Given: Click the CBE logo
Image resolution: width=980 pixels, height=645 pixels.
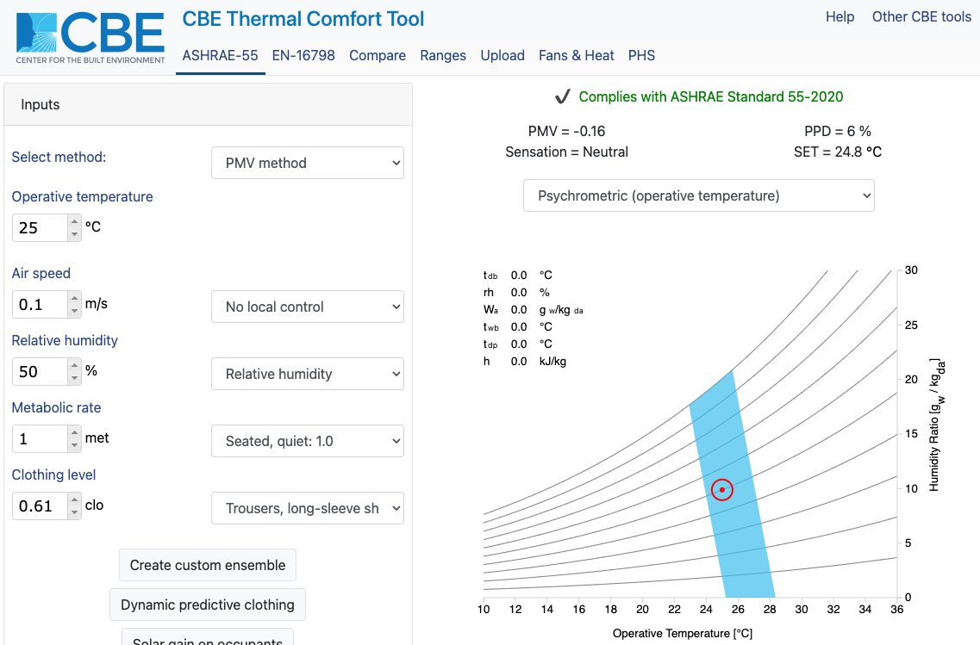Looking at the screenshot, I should point(90,38).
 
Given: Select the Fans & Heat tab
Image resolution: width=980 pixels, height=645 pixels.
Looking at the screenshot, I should point(576,56).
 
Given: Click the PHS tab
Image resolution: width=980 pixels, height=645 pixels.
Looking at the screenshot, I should point(641,56).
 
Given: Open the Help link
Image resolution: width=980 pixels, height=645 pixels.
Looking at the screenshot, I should point(840,17).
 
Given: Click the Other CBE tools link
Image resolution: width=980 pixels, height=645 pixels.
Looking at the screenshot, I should point(921,17).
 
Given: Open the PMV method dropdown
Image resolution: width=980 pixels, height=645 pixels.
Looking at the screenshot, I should point(307,163).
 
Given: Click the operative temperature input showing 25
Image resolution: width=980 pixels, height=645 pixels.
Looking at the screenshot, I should point(40,228).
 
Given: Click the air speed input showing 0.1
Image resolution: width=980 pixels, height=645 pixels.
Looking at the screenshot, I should point(40,305).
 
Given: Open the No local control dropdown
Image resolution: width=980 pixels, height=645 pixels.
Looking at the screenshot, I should point(307,307).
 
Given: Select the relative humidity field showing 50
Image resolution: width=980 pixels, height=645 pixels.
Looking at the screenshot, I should point(40,372).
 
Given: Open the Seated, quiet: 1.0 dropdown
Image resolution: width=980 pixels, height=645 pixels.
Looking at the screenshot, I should point(307,441).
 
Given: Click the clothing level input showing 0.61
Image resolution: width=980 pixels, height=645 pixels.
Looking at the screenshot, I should point(40,506).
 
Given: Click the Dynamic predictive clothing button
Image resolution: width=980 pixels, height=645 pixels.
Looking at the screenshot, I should point(208,605).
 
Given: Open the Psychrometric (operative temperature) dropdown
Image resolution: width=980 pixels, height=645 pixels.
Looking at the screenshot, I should point(698,195).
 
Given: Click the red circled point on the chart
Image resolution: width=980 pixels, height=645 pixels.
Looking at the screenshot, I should point(722,489).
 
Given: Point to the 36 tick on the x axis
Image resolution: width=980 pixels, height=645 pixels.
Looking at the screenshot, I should point(896,610).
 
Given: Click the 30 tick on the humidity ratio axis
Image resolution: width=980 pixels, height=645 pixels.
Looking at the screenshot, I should point(911,270).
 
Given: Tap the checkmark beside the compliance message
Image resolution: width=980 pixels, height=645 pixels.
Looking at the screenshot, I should point(563,97).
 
